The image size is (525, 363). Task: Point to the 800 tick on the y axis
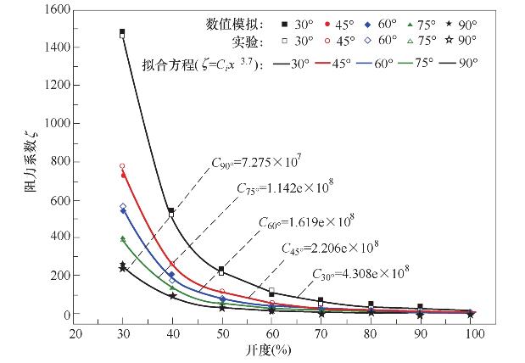59,161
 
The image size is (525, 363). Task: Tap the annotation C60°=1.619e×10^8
306,223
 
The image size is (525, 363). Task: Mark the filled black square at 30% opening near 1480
123,32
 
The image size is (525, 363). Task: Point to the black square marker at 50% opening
222,270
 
